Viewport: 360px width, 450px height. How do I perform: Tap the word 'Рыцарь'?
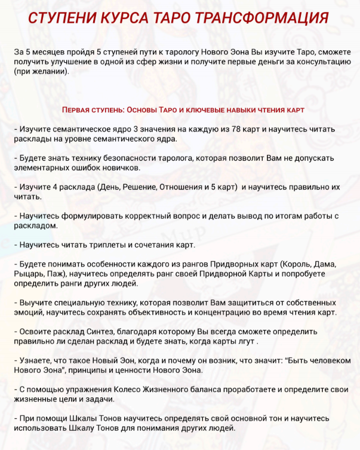click(x=29, y=273)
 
